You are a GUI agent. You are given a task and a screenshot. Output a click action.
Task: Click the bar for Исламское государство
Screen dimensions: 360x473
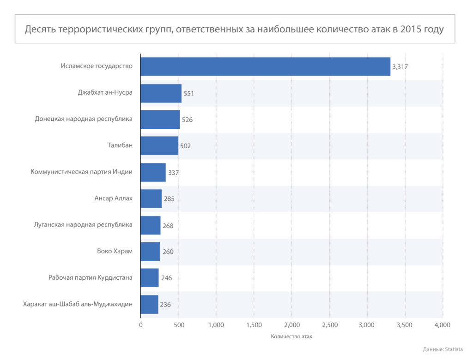coord(265,66)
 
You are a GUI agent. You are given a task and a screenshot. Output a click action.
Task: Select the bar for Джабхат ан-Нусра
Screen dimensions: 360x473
coord(161,93)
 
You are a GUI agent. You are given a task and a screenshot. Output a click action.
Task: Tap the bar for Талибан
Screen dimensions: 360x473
coord(159,146)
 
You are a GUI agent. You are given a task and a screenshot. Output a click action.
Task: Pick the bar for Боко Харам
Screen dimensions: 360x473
coord(150,252)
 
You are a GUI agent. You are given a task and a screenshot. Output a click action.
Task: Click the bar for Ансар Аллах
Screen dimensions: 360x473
coord(151,198)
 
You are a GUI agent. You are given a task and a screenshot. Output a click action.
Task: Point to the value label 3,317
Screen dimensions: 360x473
coord(400,67)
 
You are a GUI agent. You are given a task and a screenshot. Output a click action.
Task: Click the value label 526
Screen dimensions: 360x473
coord(187,120)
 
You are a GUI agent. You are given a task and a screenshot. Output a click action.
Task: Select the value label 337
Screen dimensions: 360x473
coord(173,173)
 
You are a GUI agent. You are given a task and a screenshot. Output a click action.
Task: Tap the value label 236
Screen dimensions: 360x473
coord(165,305)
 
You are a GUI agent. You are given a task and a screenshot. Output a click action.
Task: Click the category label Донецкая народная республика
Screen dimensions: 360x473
coord(84,119)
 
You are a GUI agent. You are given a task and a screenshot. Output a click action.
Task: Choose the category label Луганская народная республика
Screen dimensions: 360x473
coord(83,225)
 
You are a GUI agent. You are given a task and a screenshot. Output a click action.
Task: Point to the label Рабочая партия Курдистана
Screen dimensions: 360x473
coord(91,278)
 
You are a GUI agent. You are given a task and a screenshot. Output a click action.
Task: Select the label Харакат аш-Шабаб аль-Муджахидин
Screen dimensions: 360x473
coord(78,304)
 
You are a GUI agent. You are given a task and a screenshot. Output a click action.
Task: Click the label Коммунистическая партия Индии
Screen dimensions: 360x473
coord(82,172)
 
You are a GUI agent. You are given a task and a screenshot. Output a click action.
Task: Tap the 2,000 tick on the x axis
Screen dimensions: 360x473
coord(291,325)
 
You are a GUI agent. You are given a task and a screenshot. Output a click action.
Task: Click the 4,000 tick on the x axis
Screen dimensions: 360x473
coord(443,325)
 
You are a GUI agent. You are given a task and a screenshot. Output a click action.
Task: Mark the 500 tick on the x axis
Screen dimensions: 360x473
coord(179,325)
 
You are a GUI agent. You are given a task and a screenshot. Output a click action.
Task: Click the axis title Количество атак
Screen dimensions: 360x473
coord(291,337)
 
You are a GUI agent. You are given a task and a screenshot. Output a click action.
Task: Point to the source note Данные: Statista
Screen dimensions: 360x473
coord(443,349)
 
